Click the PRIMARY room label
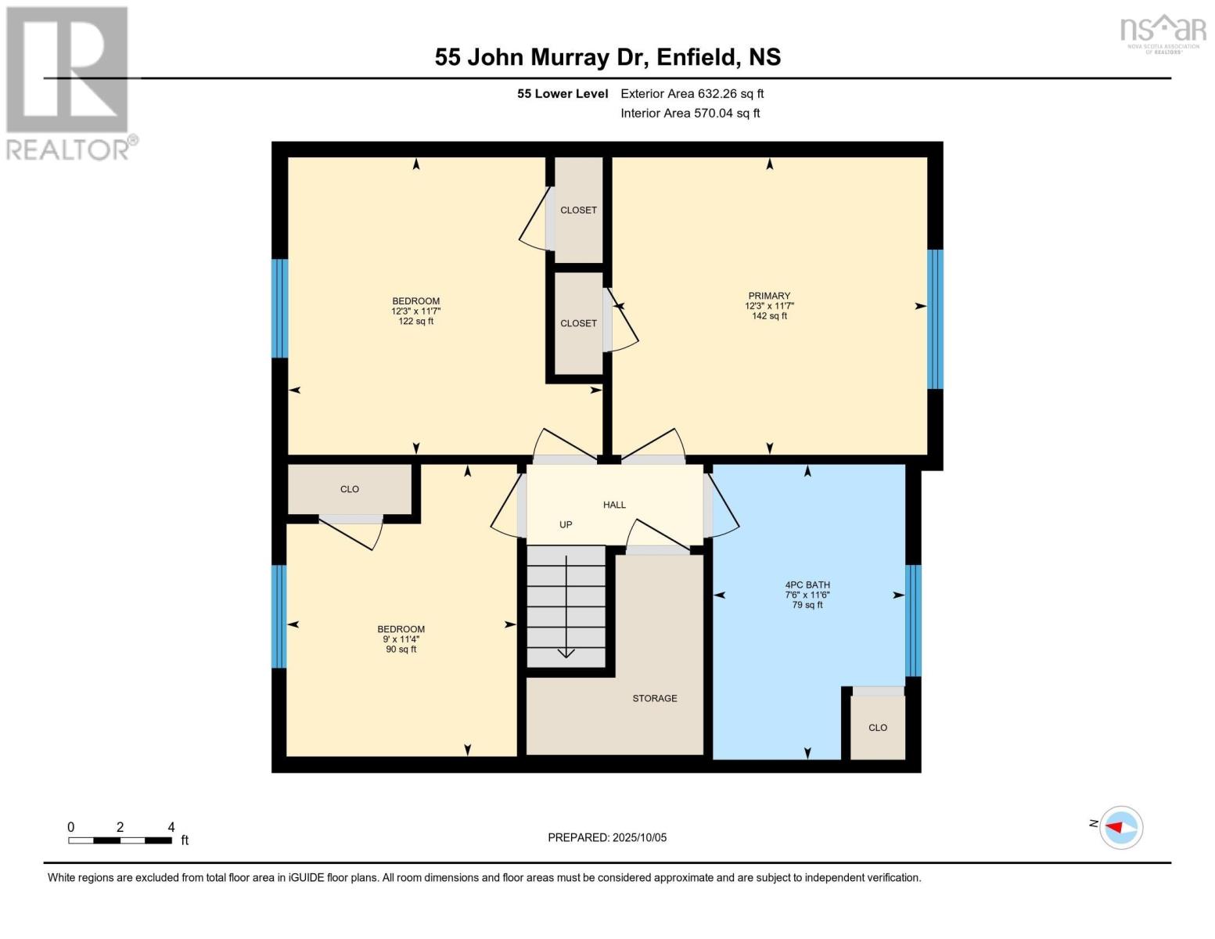click(769, 297)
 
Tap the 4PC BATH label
click(807, 585)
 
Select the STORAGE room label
click(655, 699)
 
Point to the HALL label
click(614, 505)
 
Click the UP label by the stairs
click(566, 525)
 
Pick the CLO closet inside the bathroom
click(878, 728)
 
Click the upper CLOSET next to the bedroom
click(578, 210)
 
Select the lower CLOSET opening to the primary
click(578, 323)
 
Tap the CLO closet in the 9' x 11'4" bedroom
click(350, 490)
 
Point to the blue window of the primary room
click(935, 319)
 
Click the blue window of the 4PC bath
click(913, 621)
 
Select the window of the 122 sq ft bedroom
click(280, 308)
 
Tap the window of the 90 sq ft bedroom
click(279, 617)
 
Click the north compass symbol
click(1120, 827)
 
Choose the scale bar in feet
click(120, 840)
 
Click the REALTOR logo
click(68, 82)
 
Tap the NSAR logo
click(1163, 33)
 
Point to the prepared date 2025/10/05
click(607, 838)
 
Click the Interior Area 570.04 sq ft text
click(690, 113)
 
